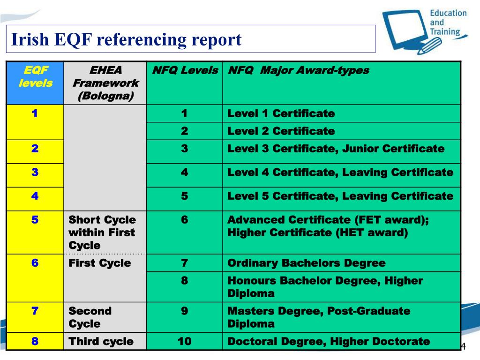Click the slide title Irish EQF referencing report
coord(127,39)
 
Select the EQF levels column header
coord(36,77)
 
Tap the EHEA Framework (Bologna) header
coord(105,83)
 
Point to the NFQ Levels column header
coord(185,71)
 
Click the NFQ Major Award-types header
coord(298,71)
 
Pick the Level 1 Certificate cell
coord(281,113)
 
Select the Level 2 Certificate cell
coord(281,131)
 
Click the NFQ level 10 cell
coord(185,341)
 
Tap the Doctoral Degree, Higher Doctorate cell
coord(328,341)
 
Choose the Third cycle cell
coord(101,341)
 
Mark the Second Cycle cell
coord(90,317)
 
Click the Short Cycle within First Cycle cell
coord(102,232)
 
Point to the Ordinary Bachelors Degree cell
coord(306,263)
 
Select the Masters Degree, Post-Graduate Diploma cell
coord(319,317)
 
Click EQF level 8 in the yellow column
coord(35,341)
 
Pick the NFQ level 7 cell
coord(185,263)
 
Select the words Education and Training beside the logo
coord(448,22)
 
